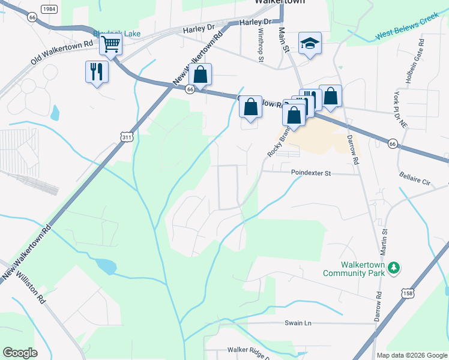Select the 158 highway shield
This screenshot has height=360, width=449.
tap(408, 293)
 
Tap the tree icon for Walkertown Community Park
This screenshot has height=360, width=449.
tap(394, 268)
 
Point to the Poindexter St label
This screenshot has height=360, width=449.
tap(311, 173)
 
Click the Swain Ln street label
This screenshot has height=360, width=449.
tap(298, 323)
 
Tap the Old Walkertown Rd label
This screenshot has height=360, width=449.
tap(63, 52)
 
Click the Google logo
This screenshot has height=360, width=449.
tap(20, 353)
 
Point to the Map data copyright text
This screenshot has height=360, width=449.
tap(411, 355)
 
